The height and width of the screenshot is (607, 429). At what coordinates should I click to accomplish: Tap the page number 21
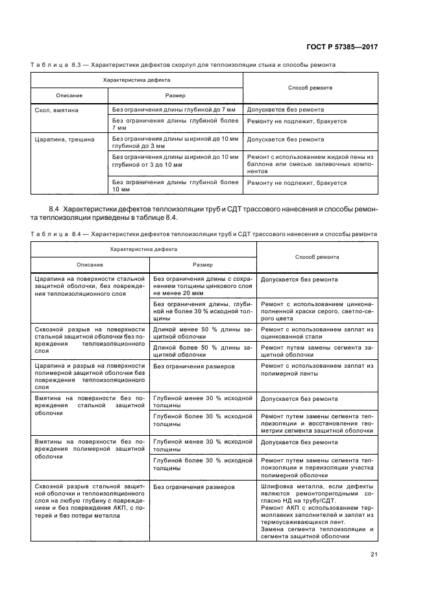(374, 553)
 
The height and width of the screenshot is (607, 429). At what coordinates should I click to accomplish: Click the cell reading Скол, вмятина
(56, 110)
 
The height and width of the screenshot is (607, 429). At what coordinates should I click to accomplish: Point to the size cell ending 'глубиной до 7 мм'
(173, 110)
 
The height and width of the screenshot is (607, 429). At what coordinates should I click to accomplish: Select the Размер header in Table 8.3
(175, 95)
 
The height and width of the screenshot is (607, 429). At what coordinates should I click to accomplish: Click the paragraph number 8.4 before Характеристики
(55, 209)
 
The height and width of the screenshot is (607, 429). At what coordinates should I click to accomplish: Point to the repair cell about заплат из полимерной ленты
(317, 370)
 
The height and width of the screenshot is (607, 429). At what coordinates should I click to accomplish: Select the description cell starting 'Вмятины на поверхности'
(90, 448)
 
